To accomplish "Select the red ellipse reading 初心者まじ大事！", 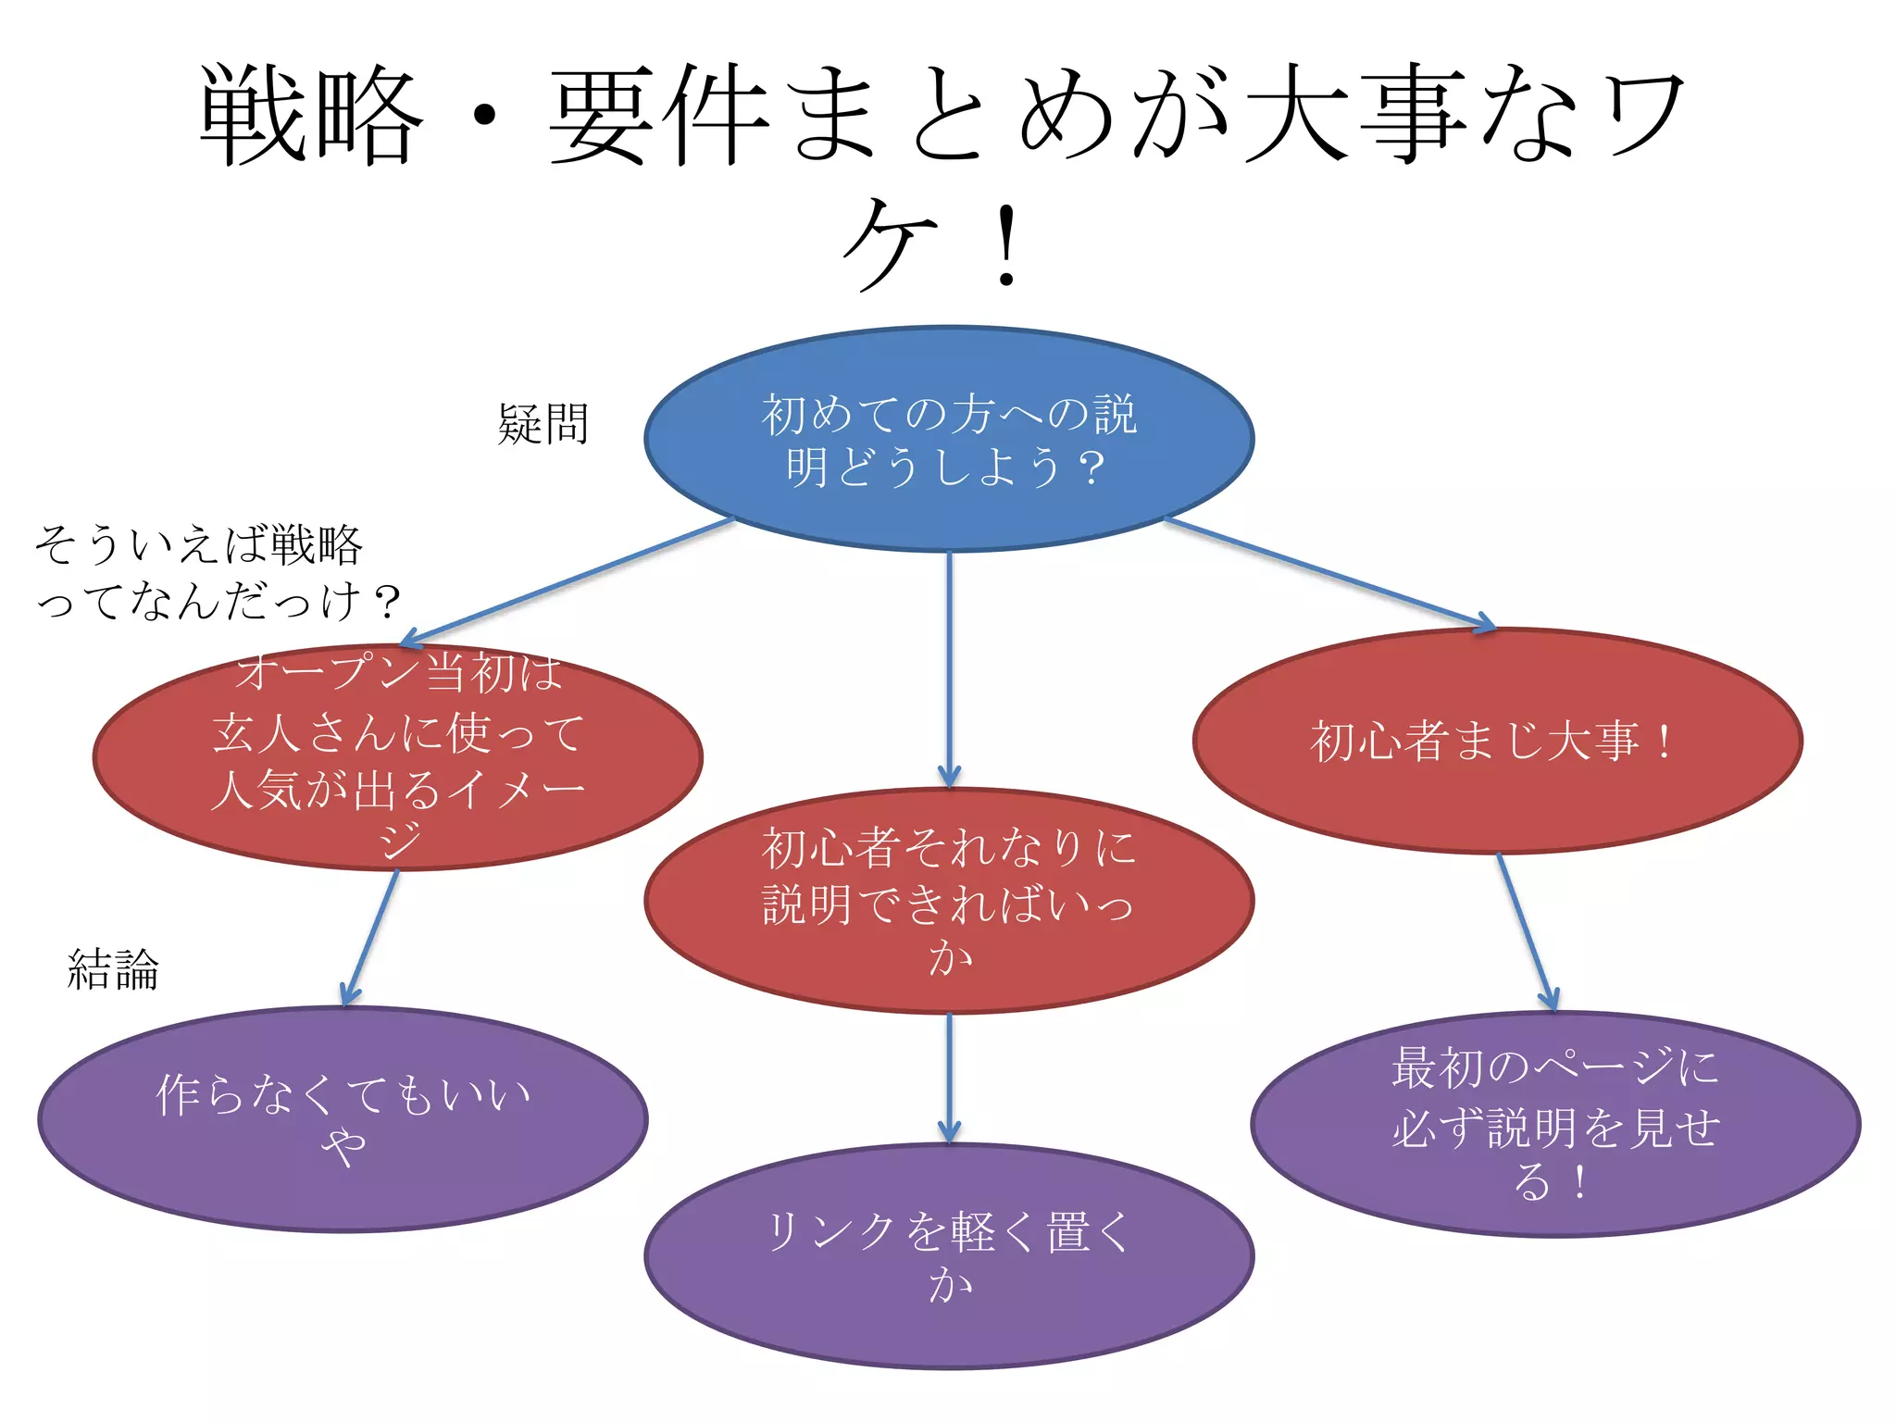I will pyautogui.click(x=1497, y=741).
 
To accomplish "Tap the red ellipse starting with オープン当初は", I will pyautogui.click(x=398, y=757).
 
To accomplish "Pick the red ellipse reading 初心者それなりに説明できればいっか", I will pyautogui.click(x=949, y=900).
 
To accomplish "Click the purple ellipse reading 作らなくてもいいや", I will pyautogui.click(x=343, y=1119).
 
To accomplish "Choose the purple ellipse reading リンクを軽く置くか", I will pyautogui.click(x=949, y=1256).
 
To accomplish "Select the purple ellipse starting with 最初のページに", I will pyautogui.click(x=1555, y=1124).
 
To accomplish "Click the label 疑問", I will pyautogui.click(x=543, y=424).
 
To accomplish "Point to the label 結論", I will pyautogui.click(x=113, y=969).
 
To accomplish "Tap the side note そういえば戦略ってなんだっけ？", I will pyautogui.click(x=218, y=572).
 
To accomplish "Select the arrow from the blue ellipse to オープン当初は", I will pyautogui.click(x=567, y=581).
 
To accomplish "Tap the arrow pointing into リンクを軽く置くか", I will pyautogui.click(x=949, y=1079).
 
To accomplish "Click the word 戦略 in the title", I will pyautogui.click(x=311, y=116).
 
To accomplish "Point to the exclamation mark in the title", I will pyautogui.click(x=1006, y=246).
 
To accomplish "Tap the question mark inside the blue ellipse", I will pyautogui.click(x=1091, y=468).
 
